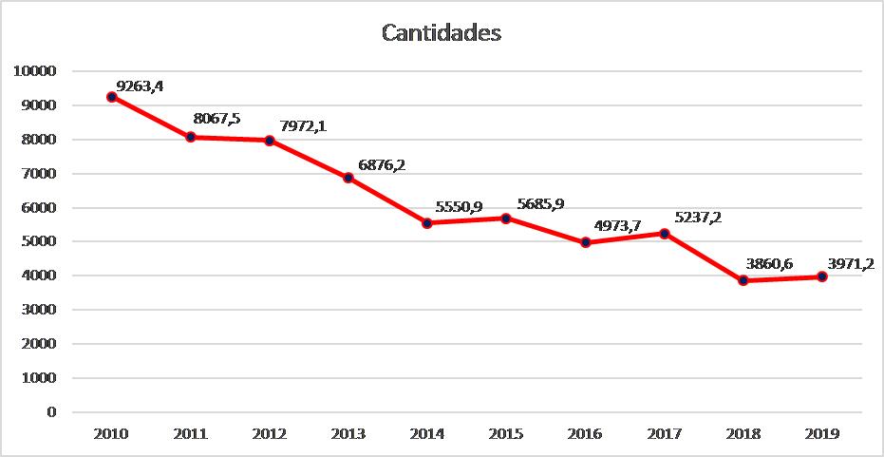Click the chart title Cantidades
[442, 33]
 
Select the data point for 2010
[112, 97]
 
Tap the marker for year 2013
[348, 178]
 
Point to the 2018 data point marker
[743, 280]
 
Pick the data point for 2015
[506, 219]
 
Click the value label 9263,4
[140, 86]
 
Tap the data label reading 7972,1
[303, 126]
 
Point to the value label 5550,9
[459, 206]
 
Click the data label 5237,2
[698, 218]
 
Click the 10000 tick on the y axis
[36, 71]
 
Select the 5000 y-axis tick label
[40, 241]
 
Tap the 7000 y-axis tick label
[40, 174]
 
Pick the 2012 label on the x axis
[270, 434]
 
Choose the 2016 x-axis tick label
[585, 434]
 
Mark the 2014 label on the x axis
[427, 434]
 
